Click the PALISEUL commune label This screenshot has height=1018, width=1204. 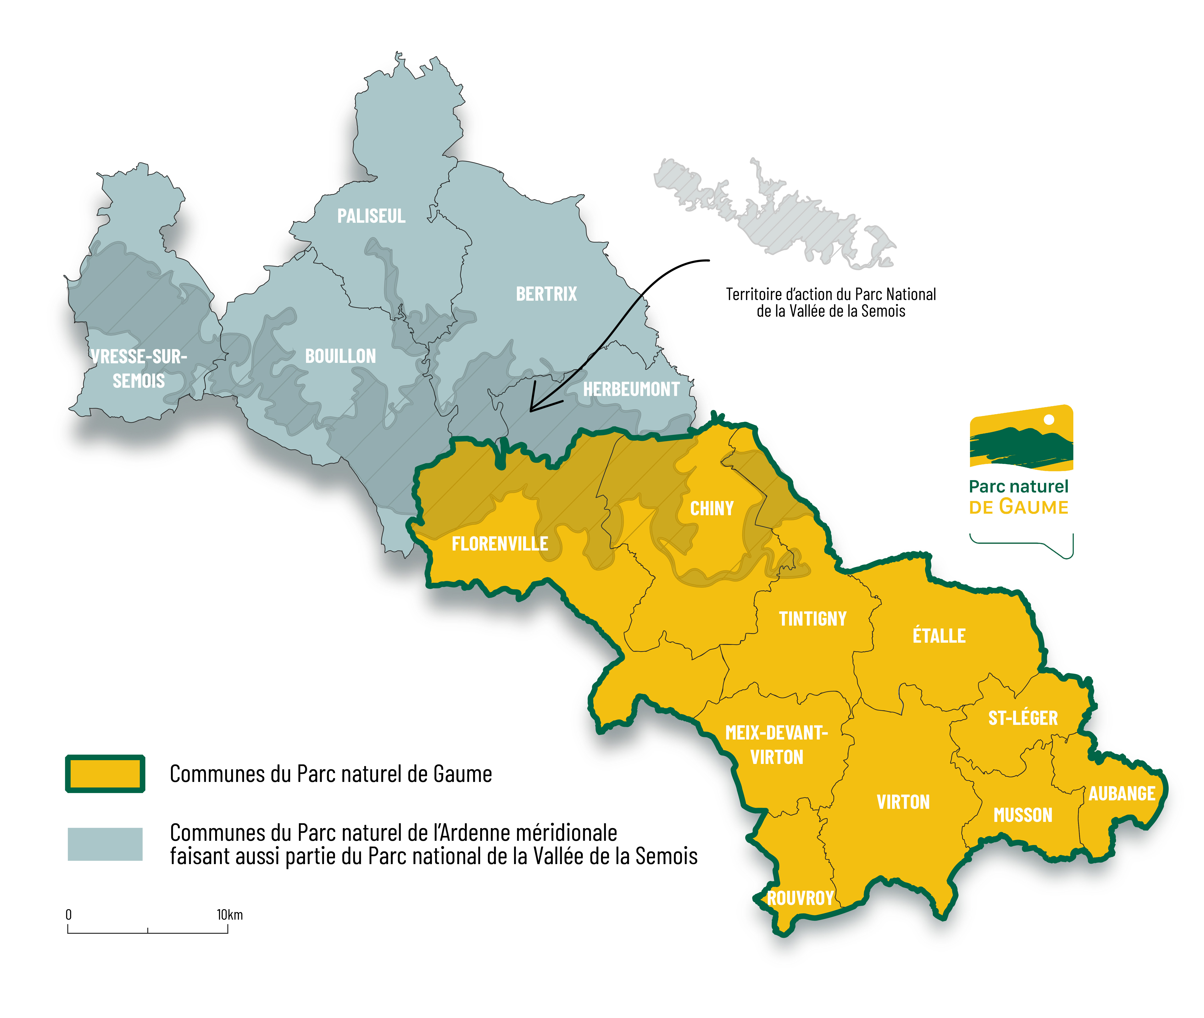point(371,216)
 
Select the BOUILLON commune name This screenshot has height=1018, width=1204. point(340,356)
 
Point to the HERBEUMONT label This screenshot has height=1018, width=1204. point(631,390)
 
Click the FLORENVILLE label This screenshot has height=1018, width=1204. point(500,544)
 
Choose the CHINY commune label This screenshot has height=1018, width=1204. point(711,508)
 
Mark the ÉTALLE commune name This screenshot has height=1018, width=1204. point(939,636)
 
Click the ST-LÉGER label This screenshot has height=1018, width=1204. point(1023,718)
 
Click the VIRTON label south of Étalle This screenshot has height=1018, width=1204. point(903,802)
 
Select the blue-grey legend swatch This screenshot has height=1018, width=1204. point(105,844)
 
